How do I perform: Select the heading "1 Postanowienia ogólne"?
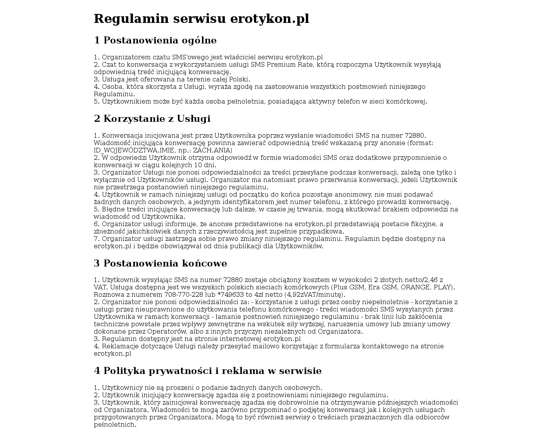click(x=155, y=40)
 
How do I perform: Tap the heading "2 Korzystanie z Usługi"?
click(x=152, y=119)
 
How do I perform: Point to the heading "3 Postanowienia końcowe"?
click(x=160, y=263)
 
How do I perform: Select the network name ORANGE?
click(x=416, y=287)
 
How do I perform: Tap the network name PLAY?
click(x=443, y=287)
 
